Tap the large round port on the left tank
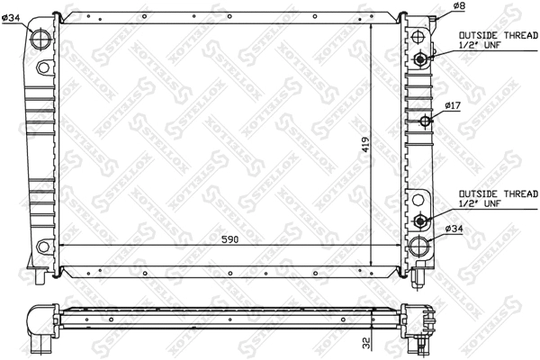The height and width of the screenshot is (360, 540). (42, 40)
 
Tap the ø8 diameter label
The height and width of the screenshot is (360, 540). (457, 6)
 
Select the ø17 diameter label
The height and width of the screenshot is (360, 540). (453, 107)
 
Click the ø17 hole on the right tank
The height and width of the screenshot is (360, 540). (425, 121)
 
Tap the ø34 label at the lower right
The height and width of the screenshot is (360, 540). (454, 230)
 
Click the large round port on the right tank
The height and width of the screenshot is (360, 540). (419, 246)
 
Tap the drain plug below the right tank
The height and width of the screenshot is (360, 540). (417, 281)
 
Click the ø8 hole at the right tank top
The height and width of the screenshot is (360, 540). (418, 35)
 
